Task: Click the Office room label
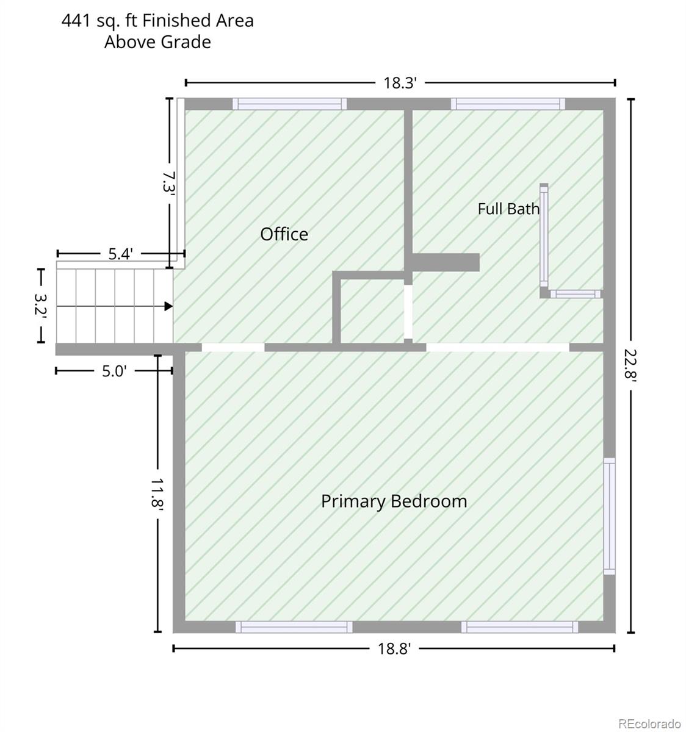(x=284, y=234)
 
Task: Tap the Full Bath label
(x=508, y=209)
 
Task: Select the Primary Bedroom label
(x=394, y=501)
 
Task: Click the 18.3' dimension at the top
(x=400, y=83)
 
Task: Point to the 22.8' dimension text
(x=630, y=365)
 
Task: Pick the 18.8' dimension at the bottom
(x=394, y=648)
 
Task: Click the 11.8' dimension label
(x=157, y=493)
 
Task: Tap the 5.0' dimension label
(x=114, y=371)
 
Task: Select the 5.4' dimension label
(x=120, y=254)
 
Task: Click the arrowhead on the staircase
(x=168, y=306)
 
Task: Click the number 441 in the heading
(x=76, y=21)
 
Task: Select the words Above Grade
(x=157, y=42)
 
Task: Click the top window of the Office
(x=289, y=104)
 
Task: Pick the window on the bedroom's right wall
(x=609, y=516)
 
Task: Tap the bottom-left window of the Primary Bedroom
(x=294, y=627)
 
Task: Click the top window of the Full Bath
(x=508, y=104)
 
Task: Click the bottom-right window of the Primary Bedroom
(x=519, y=627)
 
